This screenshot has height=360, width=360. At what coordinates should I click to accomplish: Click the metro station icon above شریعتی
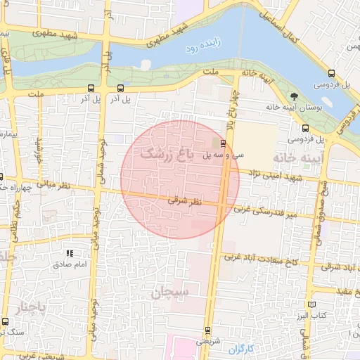pyautogui.click(x=207, y=330)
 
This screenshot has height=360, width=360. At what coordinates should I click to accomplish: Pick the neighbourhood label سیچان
pyautogui.click(x=169, y=290)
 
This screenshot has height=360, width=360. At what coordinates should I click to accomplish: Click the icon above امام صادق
pyautogui.click(x=69, y=252)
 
